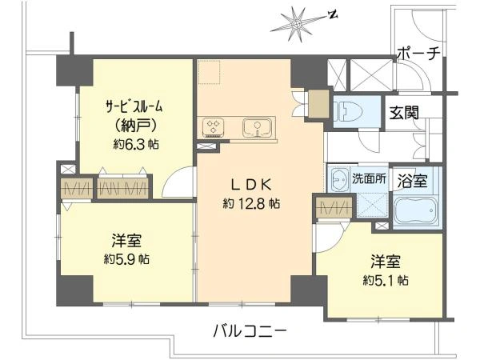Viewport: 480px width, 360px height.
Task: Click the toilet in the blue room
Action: (347, 111)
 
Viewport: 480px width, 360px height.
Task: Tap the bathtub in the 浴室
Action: (417, 211)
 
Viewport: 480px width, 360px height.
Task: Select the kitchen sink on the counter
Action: (258, 127)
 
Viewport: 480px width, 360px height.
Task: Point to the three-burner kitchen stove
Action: (213, 127)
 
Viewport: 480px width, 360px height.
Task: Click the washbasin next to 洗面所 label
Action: (339, 178)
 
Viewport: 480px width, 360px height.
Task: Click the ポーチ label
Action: (418, 54)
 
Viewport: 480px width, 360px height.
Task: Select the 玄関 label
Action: (404, 113)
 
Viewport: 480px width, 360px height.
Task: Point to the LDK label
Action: (250, 185)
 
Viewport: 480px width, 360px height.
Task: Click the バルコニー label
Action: (250, 330)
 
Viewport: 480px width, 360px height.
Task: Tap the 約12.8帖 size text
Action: (251, 203)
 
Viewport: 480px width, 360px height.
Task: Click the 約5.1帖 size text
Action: (386, 280)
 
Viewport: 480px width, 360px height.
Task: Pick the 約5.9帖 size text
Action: (126, 259)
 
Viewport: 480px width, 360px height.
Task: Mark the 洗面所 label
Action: (369, 178)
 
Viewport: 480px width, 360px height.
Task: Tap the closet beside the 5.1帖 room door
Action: (334, 208)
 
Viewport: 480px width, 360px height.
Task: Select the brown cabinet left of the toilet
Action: (318, 104)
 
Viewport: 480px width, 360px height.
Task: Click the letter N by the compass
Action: (333, 14)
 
